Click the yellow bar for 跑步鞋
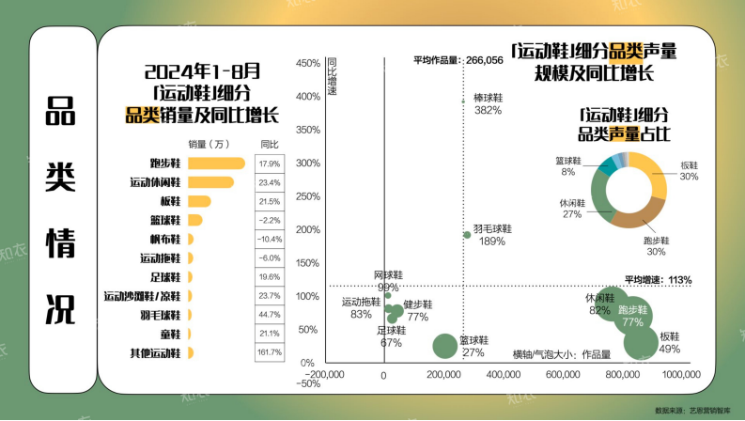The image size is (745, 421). click(216, 164)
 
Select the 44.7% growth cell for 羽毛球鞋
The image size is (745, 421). click(270, 314)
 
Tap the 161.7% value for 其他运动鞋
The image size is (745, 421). click(270, 352)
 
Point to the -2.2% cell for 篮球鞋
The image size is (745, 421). click(270, 220)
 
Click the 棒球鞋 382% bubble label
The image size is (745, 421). click(487, 103)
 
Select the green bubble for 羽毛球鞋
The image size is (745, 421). click(467, 235)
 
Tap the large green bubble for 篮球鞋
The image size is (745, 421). click(447, 346)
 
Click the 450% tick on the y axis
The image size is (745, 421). click(308, 64)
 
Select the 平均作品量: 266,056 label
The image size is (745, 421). click(458, 60)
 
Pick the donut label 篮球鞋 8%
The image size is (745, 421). click(567, 166)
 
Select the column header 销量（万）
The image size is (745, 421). click(210, 144)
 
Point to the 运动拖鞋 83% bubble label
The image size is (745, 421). click(361, 307)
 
